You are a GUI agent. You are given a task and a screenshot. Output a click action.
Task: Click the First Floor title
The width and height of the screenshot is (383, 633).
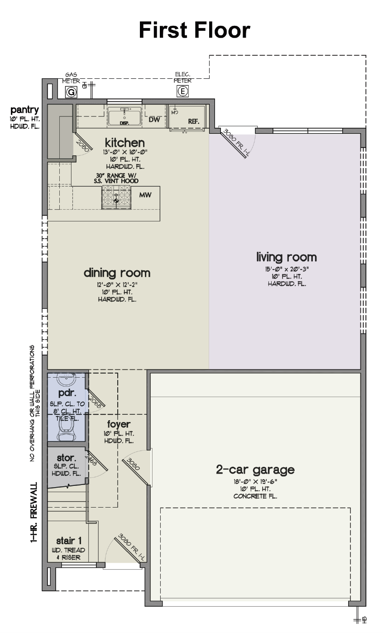point(195,30)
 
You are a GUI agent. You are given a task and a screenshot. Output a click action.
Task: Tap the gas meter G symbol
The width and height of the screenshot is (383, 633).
point(71,92)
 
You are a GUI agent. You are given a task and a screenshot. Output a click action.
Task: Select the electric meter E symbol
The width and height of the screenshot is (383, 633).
point(182,91)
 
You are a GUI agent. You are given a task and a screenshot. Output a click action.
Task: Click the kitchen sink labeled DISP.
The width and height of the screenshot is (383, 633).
point(124,117)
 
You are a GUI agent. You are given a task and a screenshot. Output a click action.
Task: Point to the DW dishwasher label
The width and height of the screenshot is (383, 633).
point(154,120)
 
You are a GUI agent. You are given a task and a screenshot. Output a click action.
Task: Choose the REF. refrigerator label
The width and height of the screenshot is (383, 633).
point(194,121)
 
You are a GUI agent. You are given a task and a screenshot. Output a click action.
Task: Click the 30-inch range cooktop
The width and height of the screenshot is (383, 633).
point(116,197)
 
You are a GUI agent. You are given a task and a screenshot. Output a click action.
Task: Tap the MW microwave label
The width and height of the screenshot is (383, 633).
point(145,195)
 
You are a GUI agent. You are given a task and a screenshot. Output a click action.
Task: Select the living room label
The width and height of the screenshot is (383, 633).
point(287,257)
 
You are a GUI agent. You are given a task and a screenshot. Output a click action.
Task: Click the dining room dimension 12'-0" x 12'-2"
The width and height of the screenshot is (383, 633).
point(117,284)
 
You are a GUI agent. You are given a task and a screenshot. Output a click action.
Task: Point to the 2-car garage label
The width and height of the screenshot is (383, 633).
point(255,470)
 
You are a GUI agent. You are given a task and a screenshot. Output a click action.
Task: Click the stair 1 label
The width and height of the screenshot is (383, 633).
point(69,541)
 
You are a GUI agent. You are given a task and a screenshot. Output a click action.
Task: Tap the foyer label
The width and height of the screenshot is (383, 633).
point(119,424)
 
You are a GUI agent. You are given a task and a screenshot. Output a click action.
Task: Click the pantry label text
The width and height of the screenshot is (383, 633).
point(25,110)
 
